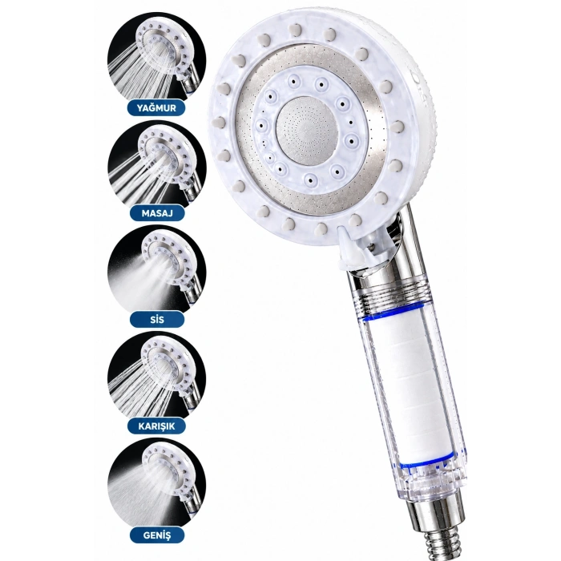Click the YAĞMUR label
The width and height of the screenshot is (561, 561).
(x=156, y=107)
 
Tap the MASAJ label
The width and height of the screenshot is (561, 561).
(x=157, y=213)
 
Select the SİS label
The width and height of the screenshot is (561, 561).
(x=157, y=319)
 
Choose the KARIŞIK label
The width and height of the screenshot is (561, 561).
(x=156, y=426)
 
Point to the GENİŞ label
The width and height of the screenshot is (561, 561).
(x=157, y=535)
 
